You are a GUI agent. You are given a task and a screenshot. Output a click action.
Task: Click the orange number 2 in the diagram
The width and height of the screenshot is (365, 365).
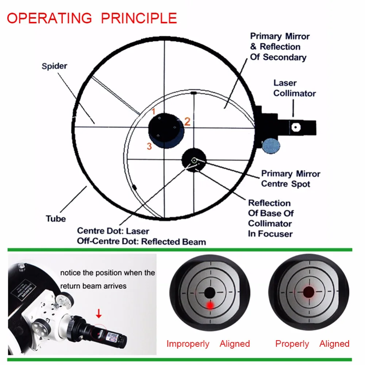pyautogui.click(x=187, y=122)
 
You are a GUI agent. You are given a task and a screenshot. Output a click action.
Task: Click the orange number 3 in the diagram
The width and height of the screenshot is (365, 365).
pyautogui.click(x=149, y=146)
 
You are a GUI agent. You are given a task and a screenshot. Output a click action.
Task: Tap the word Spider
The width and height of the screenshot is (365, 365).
pyautogui.click(x=54, y=66)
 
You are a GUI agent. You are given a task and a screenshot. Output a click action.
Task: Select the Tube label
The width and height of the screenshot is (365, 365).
pyautogui.click(x=56, y=219)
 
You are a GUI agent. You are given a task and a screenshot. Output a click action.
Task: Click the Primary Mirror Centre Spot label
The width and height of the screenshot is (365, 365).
pyautogui.click(x=291, y=178)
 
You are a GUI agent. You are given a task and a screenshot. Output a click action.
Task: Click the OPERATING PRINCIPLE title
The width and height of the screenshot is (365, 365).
pyautogui.click(x=92, y=18)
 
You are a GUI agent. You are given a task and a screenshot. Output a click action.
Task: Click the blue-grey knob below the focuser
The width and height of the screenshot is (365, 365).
pyautogui.click(x=271, y=145)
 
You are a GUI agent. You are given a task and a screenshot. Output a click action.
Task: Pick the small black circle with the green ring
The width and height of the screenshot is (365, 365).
pyautogui.click(x=194, y=160)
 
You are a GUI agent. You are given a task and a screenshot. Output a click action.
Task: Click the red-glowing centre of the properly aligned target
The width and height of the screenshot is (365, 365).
pyautogui.click(x=309, y=292)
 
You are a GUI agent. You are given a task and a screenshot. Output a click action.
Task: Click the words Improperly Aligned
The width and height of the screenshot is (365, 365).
pyautogui.click(x=208, y=343)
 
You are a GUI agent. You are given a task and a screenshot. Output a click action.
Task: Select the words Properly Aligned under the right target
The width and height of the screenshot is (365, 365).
pyautogui.click(x=312, y=343)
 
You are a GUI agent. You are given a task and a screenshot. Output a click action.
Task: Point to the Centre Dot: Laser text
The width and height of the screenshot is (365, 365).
pyautogui.click(x=113, y=231)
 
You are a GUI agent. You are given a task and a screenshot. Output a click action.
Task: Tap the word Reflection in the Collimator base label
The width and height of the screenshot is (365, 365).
pyautogui.click(x=269, y=203)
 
